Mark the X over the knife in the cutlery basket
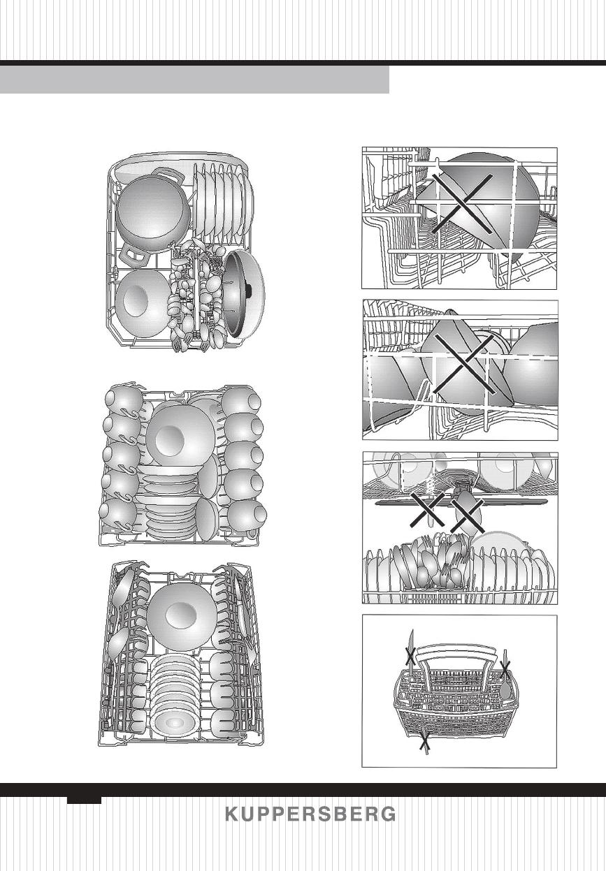coord(410,655)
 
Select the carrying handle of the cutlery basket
coord(458,654)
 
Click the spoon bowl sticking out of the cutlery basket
coord(505,689)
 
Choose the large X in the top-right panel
coord(460,201)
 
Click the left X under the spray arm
coord(426,509)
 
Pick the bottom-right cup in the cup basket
coord(245,516)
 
